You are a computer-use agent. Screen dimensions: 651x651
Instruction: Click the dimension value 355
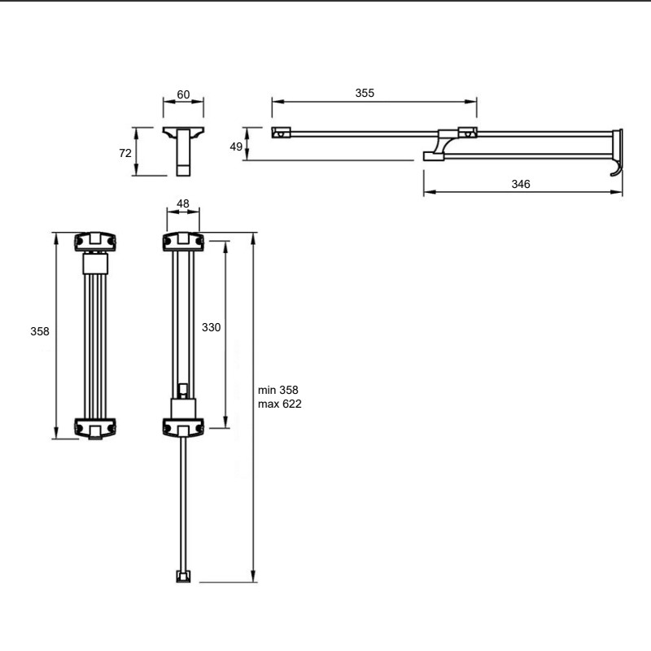365,93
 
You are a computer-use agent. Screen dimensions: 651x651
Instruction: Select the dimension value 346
521,184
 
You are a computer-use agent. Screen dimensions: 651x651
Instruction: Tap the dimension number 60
183,94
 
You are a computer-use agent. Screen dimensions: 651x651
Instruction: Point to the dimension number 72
125,153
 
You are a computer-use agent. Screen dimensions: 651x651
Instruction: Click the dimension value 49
236,146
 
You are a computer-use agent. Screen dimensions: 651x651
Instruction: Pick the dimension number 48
182,203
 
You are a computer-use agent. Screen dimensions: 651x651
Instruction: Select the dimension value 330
211,328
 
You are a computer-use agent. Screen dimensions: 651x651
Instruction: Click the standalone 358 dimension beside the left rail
39,331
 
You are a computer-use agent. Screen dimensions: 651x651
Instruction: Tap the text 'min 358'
277,391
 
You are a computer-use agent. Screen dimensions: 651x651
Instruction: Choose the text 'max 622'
279,404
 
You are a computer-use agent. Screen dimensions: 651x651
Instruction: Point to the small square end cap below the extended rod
183,576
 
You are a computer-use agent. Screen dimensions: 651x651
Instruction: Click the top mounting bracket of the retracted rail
95,242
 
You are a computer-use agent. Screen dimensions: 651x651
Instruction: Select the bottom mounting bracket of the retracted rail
95,429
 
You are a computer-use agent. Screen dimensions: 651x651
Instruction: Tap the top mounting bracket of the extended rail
183,242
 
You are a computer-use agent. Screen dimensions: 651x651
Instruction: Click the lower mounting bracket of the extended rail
183,428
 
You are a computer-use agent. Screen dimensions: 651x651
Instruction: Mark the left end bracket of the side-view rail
281,133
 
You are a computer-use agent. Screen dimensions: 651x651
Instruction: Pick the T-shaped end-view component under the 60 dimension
183,151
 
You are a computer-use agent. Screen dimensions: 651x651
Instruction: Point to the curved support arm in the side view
442,146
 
